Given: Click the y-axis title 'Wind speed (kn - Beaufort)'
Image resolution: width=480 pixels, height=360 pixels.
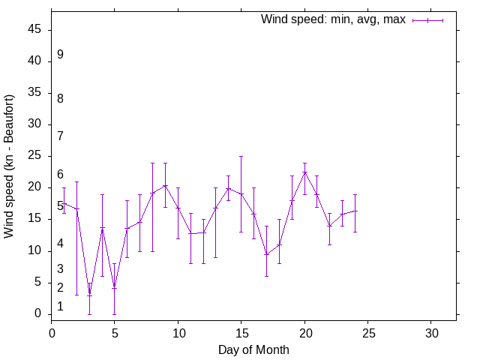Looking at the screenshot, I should (x=9, y=166).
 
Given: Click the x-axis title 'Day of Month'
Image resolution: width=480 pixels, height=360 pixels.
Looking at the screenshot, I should (x=253, y=349).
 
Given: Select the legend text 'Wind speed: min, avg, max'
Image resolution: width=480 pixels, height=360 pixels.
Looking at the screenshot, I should (x=333, y=19).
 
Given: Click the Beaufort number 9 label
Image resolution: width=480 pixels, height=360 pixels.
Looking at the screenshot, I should (x=60, y=55).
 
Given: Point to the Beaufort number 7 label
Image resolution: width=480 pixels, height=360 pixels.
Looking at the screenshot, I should (x=60, y=136).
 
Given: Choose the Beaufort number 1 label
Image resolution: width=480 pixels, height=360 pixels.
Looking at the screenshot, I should (x=60, y=307).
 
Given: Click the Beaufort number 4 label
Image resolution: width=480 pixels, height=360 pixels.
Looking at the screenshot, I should (x=60, y=244).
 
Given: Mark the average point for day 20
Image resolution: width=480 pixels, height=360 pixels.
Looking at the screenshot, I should (x=304, y=172).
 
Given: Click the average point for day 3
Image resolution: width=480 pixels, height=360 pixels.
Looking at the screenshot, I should (x=89, y=293).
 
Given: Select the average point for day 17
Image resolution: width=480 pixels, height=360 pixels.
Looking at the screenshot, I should (x=266, y=254).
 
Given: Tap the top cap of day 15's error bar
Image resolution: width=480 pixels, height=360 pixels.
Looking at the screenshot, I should (x=241, y=157).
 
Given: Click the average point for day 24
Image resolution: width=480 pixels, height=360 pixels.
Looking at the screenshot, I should (x=355, y=211).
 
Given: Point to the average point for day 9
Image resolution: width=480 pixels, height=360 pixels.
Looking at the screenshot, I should (x=165, y=185).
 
